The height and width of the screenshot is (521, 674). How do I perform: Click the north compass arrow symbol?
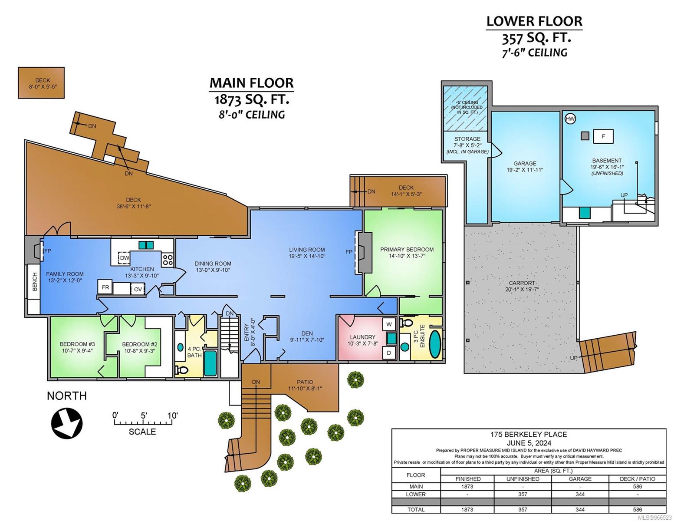(x=67, y=423)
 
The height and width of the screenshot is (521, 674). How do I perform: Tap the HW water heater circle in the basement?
(x=570, y=119)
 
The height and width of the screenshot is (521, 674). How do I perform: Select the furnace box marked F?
(x=603, y=136)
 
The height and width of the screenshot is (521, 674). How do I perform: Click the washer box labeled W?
(x=389, y=325)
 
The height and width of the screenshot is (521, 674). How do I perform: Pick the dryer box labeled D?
(x=389, y=353)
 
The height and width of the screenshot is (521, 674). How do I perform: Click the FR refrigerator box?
(x=105, y=287)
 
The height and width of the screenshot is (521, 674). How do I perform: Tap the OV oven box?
(x=138, y=289)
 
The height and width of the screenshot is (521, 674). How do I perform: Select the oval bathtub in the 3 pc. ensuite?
(x=435, y=344)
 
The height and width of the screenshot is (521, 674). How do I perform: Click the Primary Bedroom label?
(x=407, y=249)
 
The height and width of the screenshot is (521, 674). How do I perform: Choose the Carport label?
(x=522, y=283)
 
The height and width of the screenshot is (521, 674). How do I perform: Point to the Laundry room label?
(x=362, y=337)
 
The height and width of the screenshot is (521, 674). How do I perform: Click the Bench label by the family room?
(x=34, y=282)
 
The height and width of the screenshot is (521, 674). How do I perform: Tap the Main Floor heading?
(x=252, y=83)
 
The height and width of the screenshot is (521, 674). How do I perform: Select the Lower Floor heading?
(x=534, y=21)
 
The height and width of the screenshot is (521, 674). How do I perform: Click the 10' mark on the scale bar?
(x=173, y=415)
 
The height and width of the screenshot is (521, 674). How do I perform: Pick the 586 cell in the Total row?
(x=638, y=510)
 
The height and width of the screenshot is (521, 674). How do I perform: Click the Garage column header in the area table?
(x=580, y=479)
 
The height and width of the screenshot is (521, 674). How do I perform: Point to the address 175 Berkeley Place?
(x=529, y=435)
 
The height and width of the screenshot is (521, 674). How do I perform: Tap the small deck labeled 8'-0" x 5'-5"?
(x=41, y=83)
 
